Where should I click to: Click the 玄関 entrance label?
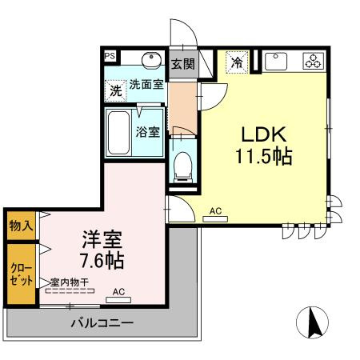coord(182,63)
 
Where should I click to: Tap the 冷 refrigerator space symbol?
coord(236,61)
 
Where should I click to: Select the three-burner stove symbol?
coord(311,61)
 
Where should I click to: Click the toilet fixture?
coord(182,164)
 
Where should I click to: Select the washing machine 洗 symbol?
coord(116,90)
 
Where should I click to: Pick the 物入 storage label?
coord(21,227)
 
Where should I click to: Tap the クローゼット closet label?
coord(21,274)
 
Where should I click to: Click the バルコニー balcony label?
coord(102,322)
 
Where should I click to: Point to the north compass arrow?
coord(313,322)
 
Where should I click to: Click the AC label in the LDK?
coord(214,211)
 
